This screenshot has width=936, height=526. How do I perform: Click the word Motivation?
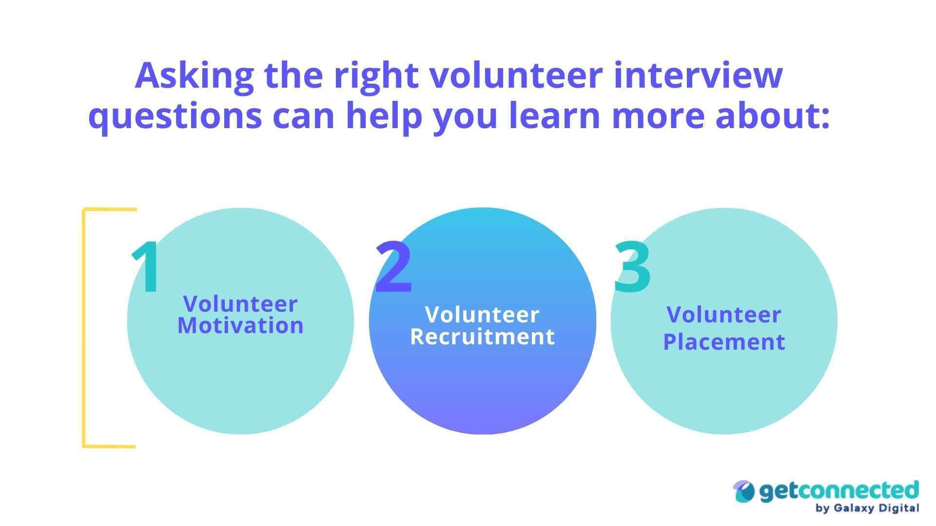tap(240, 326)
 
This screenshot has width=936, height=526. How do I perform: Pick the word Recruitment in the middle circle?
tap(483, 337)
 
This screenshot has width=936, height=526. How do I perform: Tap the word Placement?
tap(724, 342)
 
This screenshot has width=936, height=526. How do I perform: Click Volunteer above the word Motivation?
tap(240, 304)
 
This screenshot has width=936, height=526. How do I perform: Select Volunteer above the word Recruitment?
tap(483, 315)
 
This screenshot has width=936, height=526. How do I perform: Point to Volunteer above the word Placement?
tap(724, 315)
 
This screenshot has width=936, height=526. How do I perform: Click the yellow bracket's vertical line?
tap(84, 327)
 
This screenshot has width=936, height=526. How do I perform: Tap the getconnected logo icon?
tap(744, 492)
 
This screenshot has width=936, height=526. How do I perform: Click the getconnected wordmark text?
tap(838, 491)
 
